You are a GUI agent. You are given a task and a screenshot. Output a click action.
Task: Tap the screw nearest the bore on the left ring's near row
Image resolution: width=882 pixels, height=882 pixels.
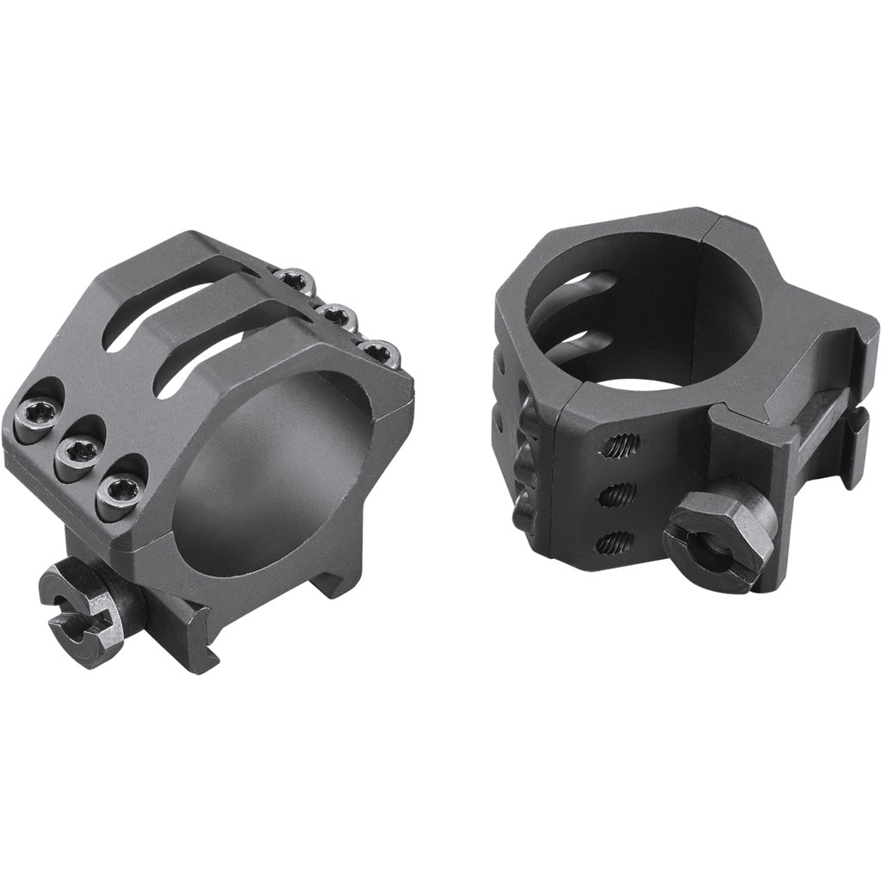(x=118, y=494)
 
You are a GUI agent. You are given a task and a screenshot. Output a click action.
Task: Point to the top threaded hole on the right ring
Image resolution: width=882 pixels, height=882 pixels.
(x=620, y=445)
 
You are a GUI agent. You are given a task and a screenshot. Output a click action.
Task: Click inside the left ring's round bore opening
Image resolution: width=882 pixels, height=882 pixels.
(x=267, y=482)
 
